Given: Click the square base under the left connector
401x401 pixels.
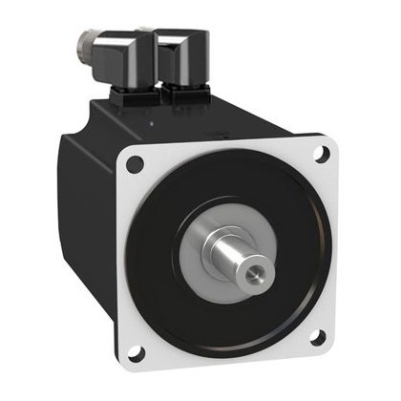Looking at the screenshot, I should pos(135,95).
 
